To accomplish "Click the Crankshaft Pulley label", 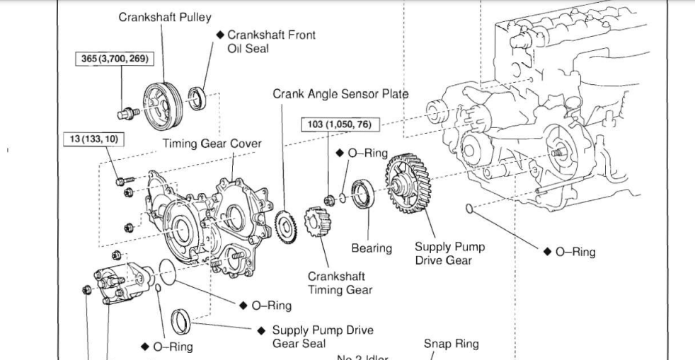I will pyautogui.click(x=165, y=17).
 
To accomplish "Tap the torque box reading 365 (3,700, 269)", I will pyautogui.click(x=113, y=59).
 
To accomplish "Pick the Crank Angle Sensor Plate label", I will pyautogui.click(x=340, y=94).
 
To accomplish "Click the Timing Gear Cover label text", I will pyautogui.click(x=212, y=144).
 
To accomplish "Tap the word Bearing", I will pyautogui.click(x=372, y=248).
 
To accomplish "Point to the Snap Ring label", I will pyautogui.click(x=451, y=344).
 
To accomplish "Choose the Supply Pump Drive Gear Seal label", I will pyautogui.click(x=323, y=336).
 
